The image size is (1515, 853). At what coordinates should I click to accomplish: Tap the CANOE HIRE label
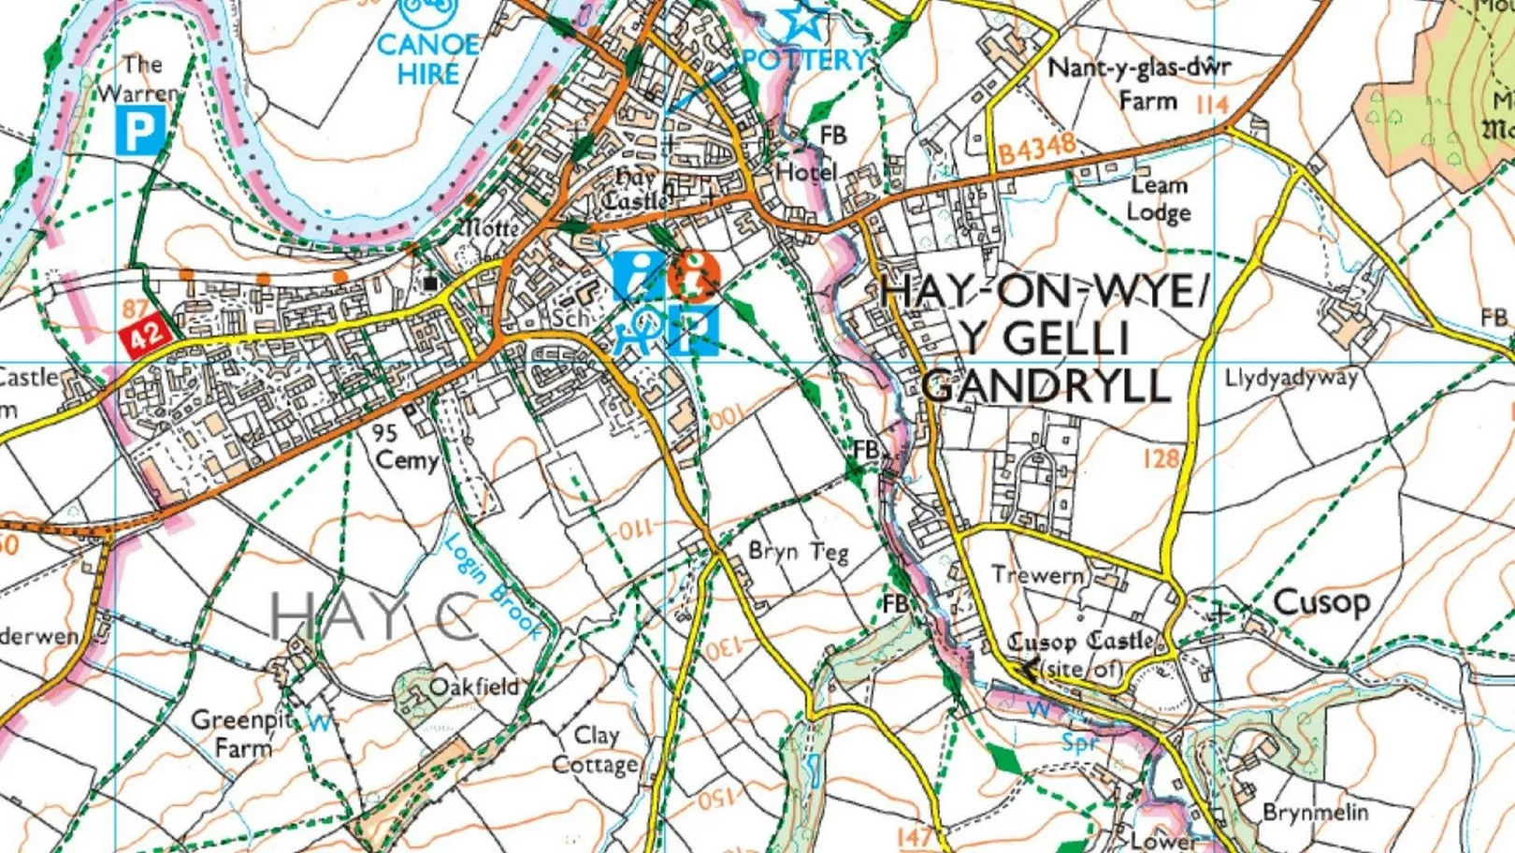(428, 59)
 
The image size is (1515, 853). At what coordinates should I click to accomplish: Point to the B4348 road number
(1036, 149)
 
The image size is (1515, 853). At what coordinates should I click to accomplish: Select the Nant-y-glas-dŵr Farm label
(1138, 82)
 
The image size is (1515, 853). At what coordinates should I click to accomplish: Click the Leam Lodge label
(1158, 198)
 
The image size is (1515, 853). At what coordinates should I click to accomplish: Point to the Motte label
(488, 228)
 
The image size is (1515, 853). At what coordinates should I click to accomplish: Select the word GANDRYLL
(1046, 385)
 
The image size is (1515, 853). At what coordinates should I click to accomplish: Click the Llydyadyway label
(1291, 378)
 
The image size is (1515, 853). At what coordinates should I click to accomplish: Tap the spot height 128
(1161, 457)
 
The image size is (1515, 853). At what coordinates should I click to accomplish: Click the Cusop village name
(1321, 601)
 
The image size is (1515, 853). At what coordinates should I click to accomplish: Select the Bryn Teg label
(798, 552)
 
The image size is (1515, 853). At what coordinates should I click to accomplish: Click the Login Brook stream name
(492, 586)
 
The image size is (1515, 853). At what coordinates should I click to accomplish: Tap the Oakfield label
(473, 687)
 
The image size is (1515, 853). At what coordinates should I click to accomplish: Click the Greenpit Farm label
(241, 733)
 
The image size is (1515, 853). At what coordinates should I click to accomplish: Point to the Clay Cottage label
(596, 750)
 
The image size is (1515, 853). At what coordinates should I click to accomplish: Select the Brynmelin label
(1314, 812)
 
